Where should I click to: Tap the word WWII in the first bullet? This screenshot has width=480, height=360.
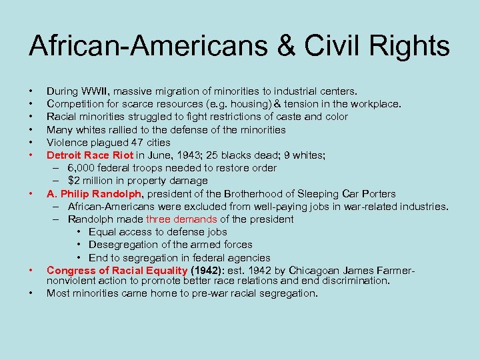101,90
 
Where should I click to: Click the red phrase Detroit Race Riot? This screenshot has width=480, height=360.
90,155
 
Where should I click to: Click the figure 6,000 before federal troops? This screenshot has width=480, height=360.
82,168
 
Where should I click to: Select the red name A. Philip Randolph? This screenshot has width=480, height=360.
94,193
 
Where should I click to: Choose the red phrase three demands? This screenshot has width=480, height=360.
181,219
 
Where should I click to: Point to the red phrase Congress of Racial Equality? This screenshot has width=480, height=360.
117,270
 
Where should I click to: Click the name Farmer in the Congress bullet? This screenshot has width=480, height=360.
396,270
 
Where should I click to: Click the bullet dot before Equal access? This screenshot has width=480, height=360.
79,232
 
